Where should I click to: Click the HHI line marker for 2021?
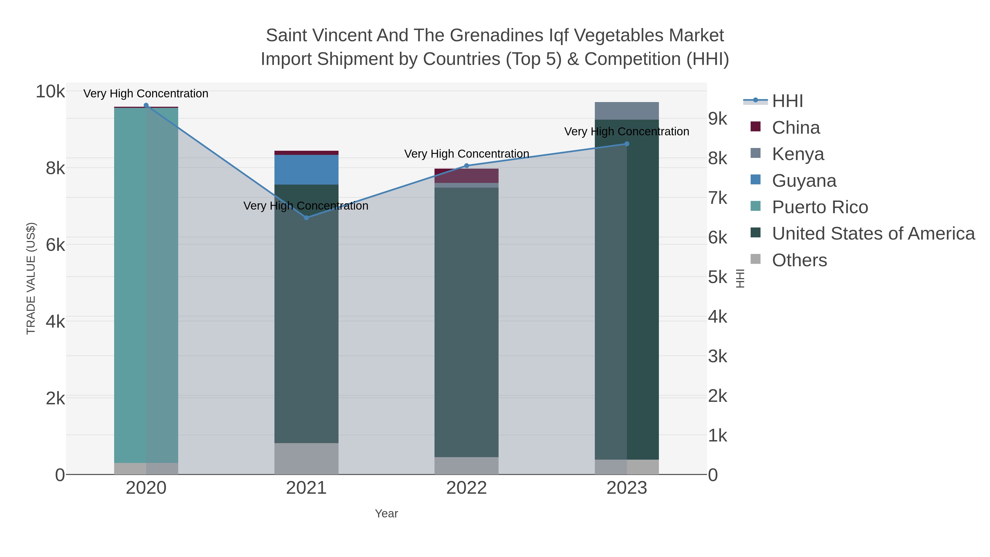point(306,218)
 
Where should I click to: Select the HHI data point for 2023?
point(627,144)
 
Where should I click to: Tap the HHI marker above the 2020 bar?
point(146,105)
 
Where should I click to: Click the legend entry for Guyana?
point(804,181)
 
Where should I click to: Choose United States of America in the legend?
point(873,234)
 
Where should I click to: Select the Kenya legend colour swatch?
point(756,153)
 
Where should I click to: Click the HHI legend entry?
point(787,101)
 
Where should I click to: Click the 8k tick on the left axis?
point(55,168)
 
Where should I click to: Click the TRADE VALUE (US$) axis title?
point(31,278)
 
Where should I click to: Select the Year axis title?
point(386,514)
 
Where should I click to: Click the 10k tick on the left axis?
point(50,92)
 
